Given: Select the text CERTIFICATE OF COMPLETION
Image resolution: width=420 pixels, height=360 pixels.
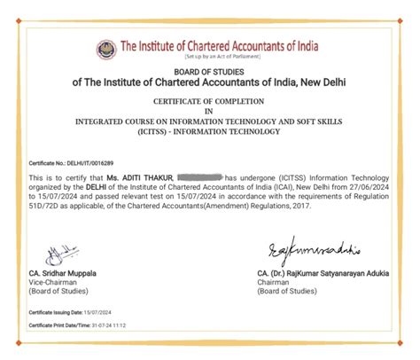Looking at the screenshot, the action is click(x=209, y=103).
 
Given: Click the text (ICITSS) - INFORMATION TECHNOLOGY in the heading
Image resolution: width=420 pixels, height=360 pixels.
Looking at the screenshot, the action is click(x=209, y=132).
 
